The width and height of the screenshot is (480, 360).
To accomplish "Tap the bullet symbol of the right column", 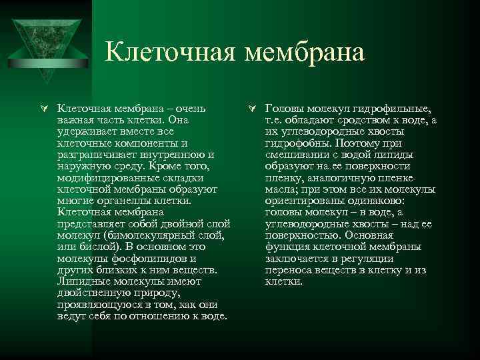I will click(249, 108).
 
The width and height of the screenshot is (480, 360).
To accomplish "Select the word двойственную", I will click(92, 293).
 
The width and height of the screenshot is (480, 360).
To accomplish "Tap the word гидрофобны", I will click(294, 143).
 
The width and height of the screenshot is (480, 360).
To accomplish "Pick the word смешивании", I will click(295, 155).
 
